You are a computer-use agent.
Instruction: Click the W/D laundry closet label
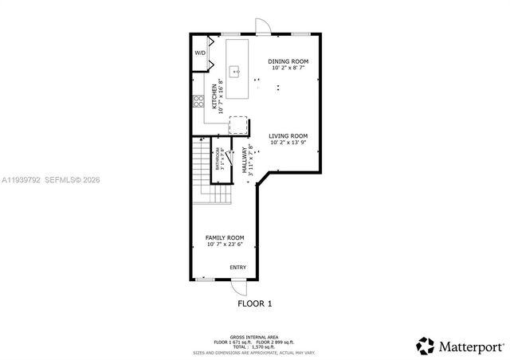[x=199, y=53]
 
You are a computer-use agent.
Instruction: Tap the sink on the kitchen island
[x=237, y=71]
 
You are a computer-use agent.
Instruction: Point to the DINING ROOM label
[x=288, y=61]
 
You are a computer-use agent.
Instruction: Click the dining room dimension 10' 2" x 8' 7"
[x=288, y=69]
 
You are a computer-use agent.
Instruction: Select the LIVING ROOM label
[x=288, y=136]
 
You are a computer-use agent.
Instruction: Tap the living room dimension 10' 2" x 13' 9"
[x=288, y=143]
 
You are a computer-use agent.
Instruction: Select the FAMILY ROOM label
[x=225, y=237]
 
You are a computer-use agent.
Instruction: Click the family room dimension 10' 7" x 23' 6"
[x=225, y=245]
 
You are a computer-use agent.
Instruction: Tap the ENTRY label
[x=238, y=268]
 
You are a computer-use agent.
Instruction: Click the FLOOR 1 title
[x=255, y=303]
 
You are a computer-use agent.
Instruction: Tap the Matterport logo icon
[x=424, y=346]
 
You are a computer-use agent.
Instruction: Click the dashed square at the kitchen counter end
[x=238, y=125]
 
